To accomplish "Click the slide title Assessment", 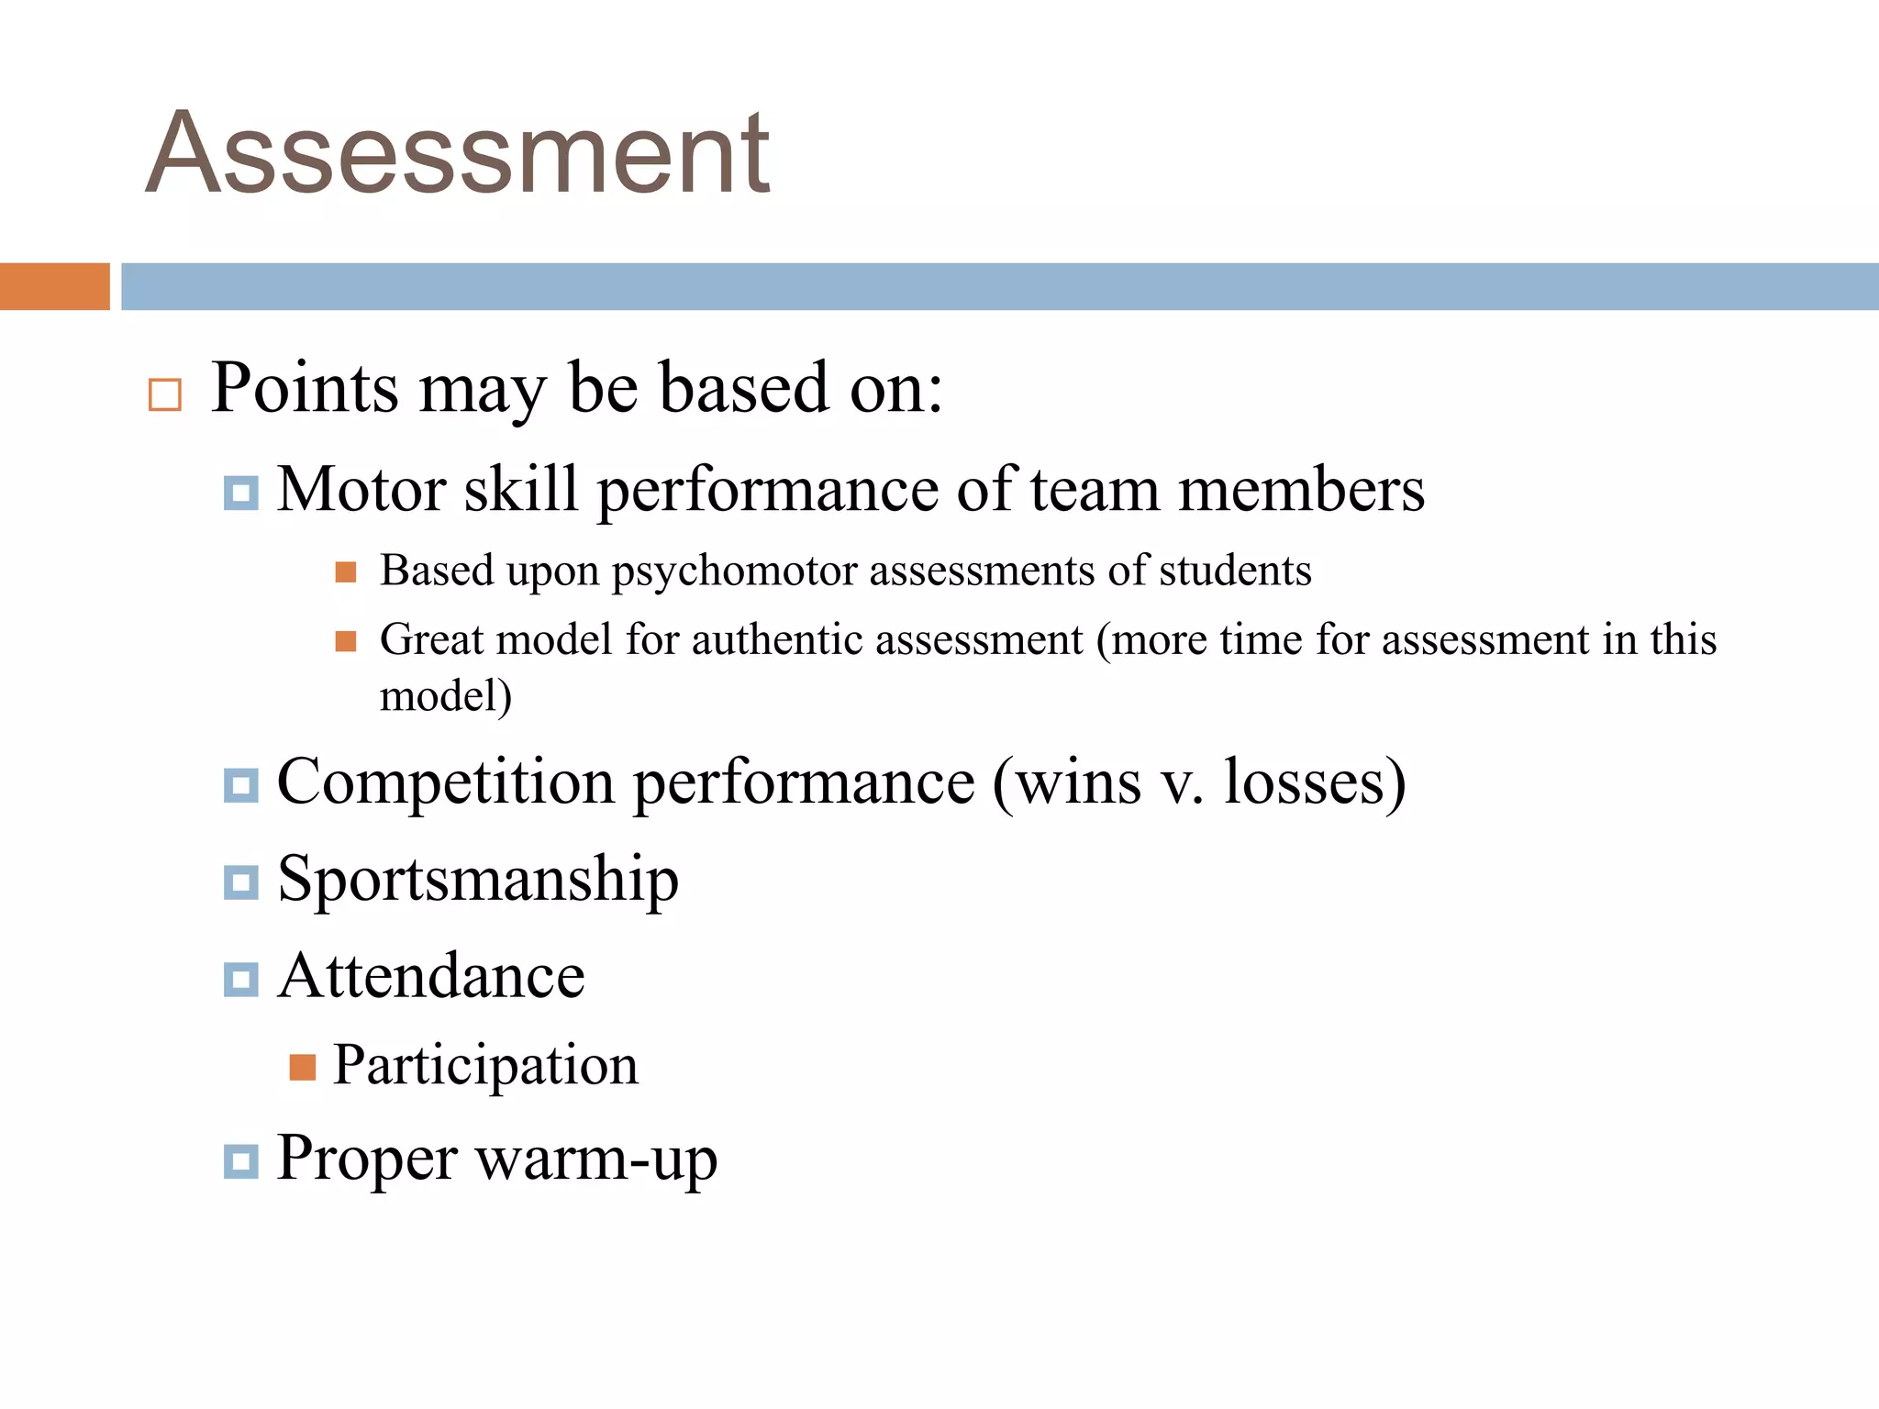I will pyautogui.click(x=457, y=152).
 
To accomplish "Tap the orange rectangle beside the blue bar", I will pyautogui.click(x=54, y=286).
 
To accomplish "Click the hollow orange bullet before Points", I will pyautogui.click(x=165, y=394).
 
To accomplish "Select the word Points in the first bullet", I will pyautogui.click(x=305, y=389).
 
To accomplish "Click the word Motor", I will pyautogui.click(x=361, y=489).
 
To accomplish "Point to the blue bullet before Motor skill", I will pyautogui.click(x=240, y=494).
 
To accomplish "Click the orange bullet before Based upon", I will pyautogui.click(x=345, y=572).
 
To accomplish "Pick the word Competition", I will pyautogui.click(x=445, y=783).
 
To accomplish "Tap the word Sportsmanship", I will pyautogui.click(x=478, y=880).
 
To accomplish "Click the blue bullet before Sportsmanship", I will pyautogui.click(x=240, y=882).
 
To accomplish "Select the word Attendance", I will pyautogui.click(x=431, y=975).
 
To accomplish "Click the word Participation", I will pyautogui.click(x=484, y=1066).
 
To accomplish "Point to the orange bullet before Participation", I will pyautogui.click(x=302, y=1068).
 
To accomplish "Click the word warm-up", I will pyautogui.click(x=596, y=1159).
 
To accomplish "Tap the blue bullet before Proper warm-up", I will pyautogui.click(x=240, y=1161).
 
